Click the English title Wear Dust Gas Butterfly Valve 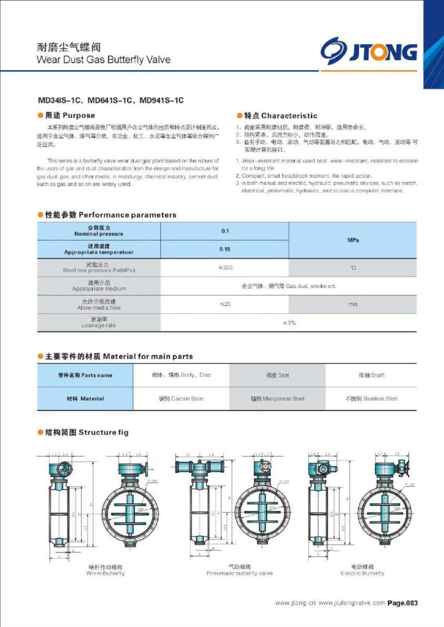pos(103,60)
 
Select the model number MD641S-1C pos(110,100)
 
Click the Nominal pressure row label pos(99,231)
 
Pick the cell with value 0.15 pos(225,249)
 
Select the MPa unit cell pos(353,240)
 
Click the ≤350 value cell pos(225,268)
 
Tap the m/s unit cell pos(353,304)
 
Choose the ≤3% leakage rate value pos(289,323)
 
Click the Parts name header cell pos(85,375)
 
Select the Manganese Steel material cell pos(277,399)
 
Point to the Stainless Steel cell pos(371,399)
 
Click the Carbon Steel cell pos(181,399)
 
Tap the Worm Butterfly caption pos(105,570)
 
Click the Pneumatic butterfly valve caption pos(239,570)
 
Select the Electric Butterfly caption pos(362,570)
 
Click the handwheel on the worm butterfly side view pos(64,470)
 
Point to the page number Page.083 pos(402,603)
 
